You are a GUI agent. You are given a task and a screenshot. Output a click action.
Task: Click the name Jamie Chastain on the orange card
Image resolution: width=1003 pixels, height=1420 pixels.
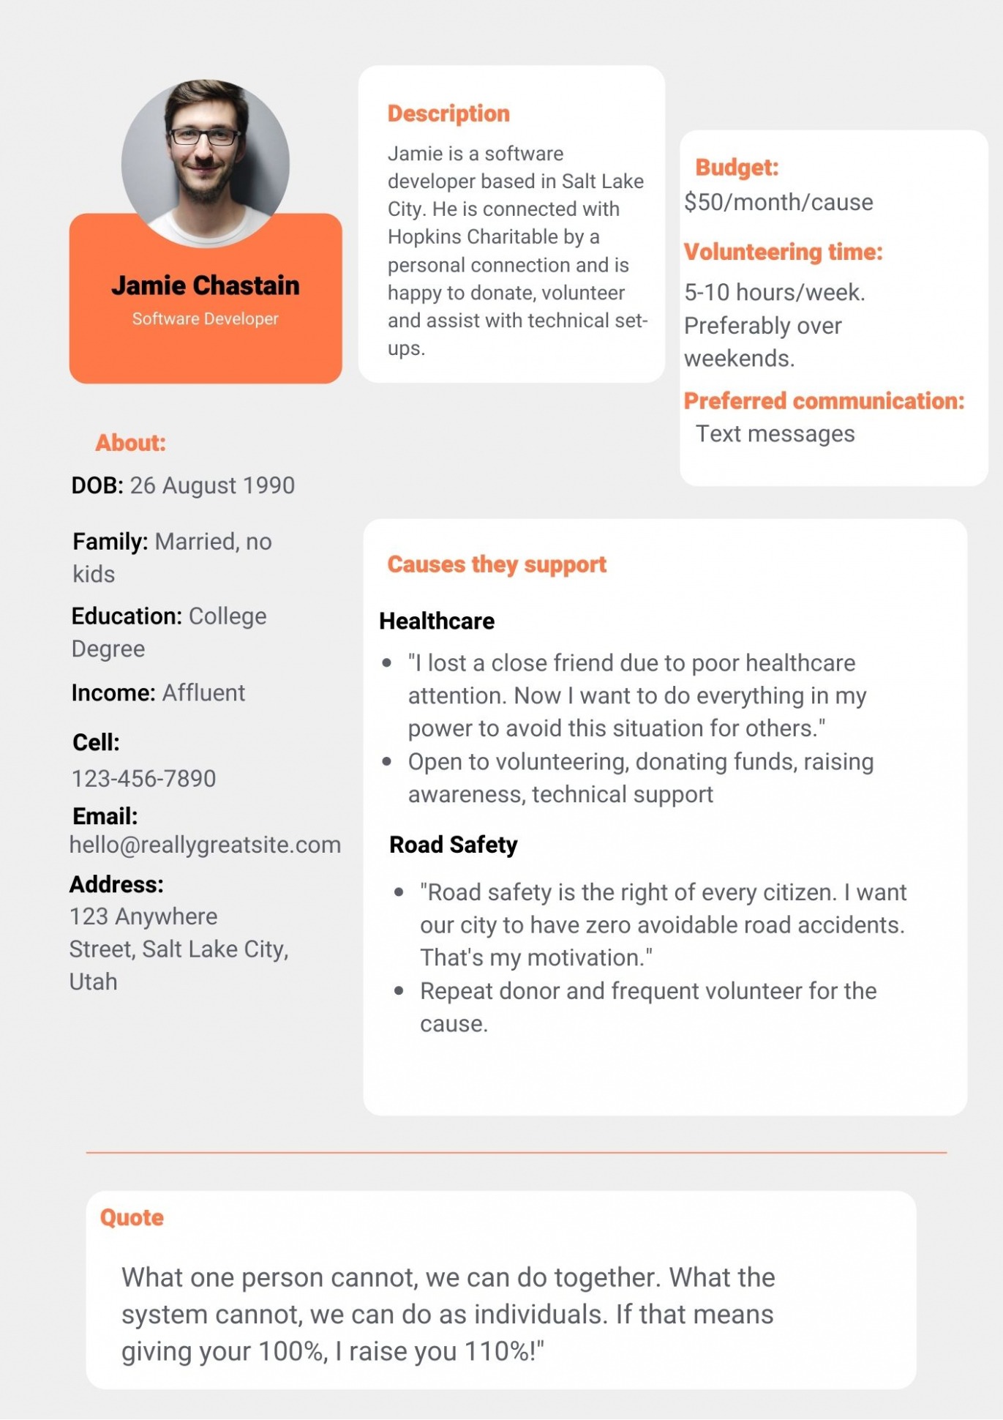pyautogui.click(x=206, y=285)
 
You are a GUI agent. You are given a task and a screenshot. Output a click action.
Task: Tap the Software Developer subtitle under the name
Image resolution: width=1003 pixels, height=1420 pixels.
pyautogui.click(x=206, y=319)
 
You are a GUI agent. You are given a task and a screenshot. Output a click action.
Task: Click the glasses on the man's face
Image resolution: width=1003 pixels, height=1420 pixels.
pyautogui.click(x=204, y=136)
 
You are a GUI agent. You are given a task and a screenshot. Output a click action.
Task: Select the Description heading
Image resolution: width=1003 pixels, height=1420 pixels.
pyautogui.click(x=448, y=113)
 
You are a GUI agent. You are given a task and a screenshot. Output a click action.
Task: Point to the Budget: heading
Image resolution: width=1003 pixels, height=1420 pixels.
pyautogui.click(x=737, y=168)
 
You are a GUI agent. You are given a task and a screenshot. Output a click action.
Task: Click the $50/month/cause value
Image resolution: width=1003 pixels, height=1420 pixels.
pyautogui.click(x=778, y=202)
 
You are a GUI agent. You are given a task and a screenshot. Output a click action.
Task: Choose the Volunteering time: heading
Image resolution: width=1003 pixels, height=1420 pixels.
pyautogui.click(x=783, y=252)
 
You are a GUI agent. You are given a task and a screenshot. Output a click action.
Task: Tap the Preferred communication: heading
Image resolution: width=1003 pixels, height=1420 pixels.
pyautogui.click(x=824, y=401)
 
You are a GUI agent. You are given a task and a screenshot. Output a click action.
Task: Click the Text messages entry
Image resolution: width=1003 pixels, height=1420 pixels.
pyautogui.click(x=775, y=434)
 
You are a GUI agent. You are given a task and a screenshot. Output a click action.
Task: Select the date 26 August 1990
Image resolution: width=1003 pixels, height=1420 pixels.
pyautogui.click(x=212, y=485)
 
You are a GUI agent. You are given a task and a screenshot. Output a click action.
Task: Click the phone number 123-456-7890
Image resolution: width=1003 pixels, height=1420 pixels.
pyautogui.click(x=144, y=778)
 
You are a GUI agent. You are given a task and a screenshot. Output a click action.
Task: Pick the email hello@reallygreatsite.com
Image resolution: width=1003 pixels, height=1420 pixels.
pyautogui.click(x=206, y=845)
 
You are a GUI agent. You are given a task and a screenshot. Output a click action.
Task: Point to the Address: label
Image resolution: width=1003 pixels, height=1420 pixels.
pyautogui.click(x=116, y=884)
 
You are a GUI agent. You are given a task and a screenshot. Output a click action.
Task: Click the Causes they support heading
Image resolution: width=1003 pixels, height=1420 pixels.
pyautogui.click(x=497, y=564)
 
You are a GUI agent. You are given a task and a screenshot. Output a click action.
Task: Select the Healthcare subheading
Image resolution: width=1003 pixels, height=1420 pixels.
pyautogui.click(x=437, y=621)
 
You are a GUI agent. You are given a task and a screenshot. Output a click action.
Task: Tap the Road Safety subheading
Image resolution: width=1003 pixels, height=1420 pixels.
pyautogui.click(x=453, y=845)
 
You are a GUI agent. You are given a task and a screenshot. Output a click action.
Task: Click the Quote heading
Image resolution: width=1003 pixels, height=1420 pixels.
pyautogui.click(x=132, y=1217)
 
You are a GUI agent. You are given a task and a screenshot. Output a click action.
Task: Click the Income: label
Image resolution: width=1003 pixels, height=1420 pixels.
pyautogui.click(x=113, y=692)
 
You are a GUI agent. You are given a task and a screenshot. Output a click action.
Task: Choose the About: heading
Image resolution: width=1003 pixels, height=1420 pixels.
pyautogui.click(x=130, y=443)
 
